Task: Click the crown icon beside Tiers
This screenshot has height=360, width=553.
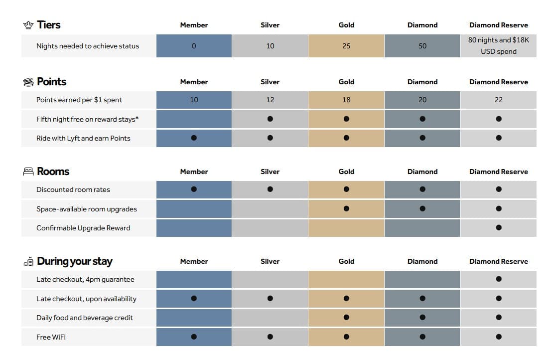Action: point(28,25)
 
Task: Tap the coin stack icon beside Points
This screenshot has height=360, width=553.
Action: point(28,82)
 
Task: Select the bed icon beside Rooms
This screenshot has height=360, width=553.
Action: point(28,172)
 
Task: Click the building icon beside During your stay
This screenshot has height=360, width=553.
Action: point(28,262)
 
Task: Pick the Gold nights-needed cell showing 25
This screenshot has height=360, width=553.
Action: point(346,46)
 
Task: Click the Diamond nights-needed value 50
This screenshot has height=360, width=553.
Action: point(422,46)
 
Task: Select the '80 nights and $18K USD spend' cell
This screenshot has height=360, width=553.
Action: point(499,46)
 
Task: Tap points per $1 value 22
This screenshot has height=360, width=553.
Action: point(499,100)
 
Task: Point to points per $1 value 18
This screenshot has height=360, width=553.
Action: point(346,100)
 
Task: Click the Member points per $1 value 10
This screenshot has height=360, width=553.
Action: point(194,100)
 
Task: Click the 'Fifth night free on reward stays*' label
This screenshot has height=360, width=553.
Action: point(88,119)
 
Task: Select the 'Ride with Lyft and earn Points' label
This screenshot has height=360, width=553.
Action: point(83,138)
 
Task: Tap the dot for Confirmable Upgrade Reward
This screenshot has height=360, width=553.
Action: point(499,228)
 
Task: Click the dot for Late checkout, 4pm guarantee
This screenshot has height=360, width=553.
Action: point(499,279)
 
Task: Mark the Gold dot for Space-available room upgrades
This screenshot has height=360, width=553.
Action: point(346,208)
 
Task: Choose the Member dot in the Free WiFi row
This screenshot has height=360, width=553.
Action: point(194,337)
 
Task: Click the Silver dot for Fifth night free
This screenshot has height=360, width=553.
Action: point(270,119)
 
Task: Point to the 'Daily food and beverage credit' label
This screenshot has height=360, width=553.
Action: point(85,318)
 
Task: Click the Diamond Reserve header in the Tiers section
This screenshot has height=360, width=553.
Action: point(499,25)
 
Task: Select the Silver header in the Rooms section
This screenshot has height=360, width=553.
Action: point(270,172)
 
